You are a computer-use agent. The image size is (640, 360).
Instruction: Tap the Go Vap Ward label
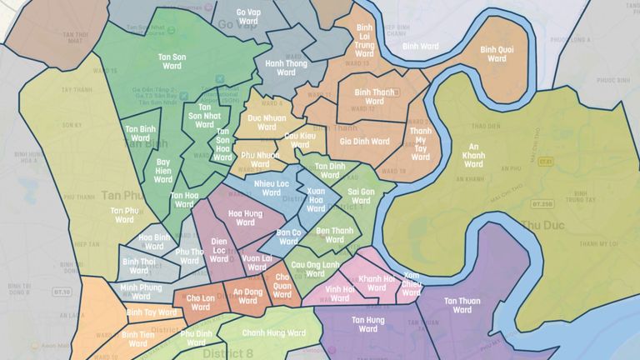pos(247,17)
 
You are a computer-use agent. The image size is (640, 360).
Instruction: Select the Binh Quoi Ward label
pos(497,54)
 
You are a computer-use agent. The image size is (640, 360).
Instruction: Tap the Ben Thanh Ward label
pos(335,235)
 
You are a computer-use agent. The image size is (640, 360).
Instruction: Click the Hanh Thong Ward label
pos(286,67)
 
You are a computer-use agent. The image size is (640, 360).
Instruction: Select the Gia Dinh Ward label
pos(364,142)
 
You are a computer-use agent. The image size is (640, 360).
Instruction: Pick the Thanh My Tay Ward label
pos(421,143)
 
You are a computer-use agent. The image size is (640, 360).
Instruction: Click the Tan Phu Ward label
pos(124,215)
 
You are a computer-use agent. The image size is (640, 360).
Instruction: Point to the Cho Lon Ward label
pos(200,302)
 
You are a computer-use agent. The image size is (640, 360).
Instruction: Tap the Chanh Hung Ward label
pos(273,333)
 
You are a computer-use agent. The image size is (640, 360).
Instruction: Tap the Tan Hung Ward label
pos(367,324)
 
